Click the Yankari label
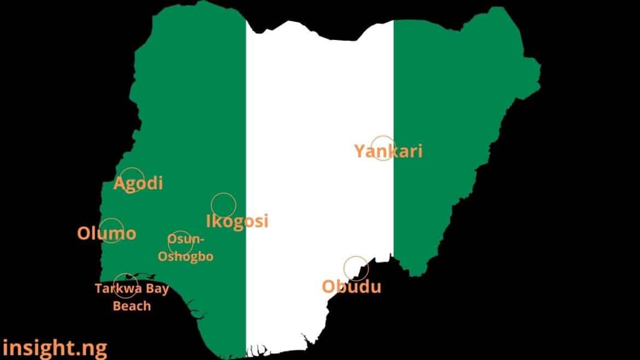point(388,151)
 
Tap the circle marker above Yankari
point(382,148)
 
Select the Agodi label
point(138,183)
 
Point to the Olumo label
point(107,234)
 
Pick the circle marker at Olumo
point(111,230)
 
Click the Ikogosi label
point(237,221)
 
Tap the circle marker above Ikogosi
point(223,205)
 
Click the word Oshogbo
point(185,256)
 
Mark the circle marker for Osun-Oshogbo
point(181,243)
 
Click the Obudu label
point(352,287)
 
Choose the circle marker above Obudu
point(356,268)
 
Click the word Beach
point(132,305)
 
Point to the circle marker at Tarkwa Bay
point(125,286)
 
